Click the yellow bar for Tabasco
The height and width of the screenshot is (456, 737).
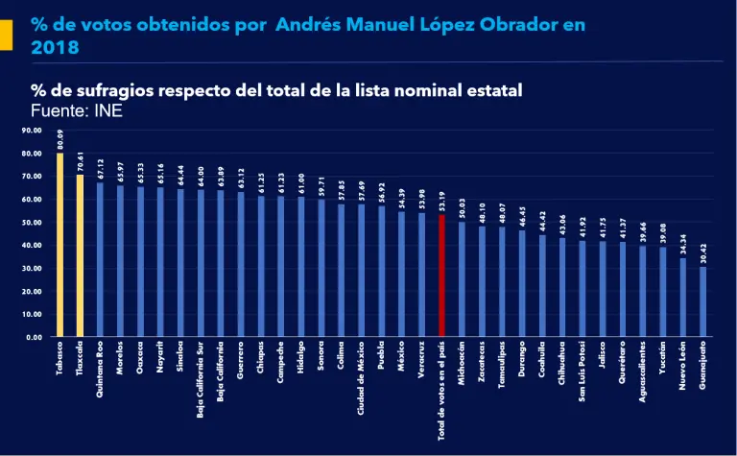pos(59,245)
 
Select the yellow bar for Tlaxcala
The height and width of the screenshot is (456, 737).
pos(80,255)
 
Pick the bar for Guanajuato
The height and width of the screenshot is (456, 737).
pos(702,301)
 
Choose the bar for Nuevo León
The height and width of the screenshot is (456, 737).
pos(682,297)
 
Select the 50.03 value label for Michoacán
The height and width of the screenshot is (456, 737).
pos(462,209)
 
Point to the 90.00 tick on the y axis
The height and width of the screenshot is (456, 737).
pos(32,130)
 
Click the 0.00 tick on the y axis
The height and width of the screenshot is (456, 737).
pos(34,337)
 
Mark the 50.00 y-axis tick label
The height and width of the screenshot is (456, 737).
pos(32,222)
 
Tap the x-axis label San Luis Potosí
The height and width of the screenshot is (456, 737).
pos(582,375)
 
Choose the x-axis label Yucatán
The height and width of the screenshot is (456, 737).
pos(662,359)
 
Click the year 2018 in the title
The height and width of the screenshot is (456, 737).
pos(56,47)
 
